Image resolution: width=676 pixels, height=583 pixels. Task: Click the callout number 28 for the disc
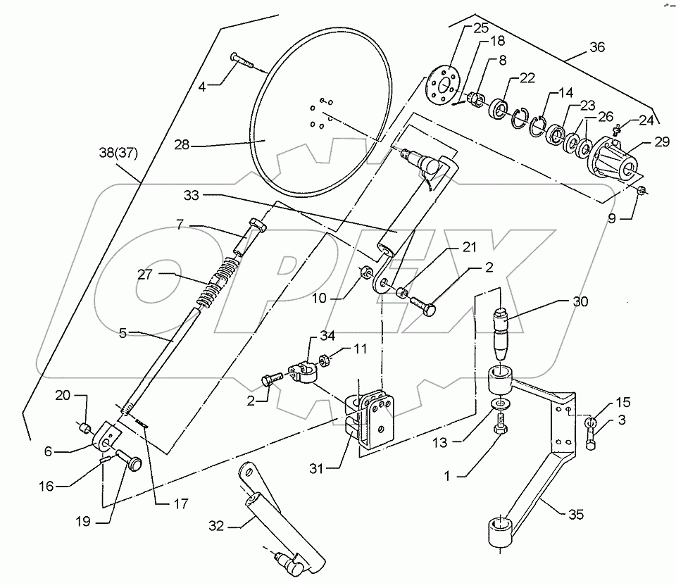tap(182, 146)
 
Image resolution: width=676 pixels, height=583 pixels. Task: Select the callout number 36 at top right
tap(597, 49)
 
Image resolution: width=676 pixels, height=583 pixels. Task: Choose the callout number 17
tap(163, 503)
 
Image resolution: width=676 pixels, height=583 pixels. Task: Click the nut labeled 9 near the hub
tap(641, 191)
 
